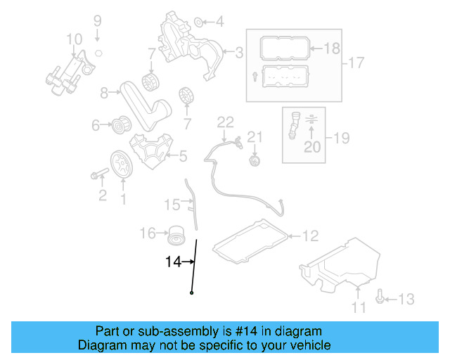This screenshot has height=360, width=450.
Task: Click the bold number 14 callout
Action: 173,262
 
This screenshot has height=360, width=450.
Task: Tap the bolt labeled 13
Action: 380,299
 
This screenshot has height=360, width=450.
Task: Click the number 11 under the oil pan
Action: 359,307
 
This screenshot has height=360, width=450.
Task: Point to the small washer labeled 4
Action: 198,21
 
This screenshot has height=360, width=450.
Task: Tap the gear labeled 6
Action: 120,127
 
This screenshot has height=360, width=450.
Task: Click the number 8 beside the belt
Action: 104,92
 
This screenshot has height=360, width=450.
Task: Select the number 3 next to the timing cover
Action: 239,51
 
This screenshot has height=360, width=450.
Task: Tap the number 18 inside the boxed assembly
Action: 332,48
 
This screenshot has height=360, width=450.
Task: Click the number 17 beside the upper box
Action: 356,63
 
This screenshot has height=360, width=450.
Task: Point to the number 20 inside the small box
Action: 311,146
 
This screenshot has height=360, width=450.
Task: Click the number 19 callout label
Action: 340,138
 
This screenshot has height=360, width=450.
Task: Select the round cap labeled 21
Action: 255,162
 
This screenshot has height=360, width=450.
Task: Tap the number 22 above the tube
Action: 225,122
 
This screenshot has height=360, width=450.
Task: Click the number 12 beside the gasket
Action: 310,236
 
